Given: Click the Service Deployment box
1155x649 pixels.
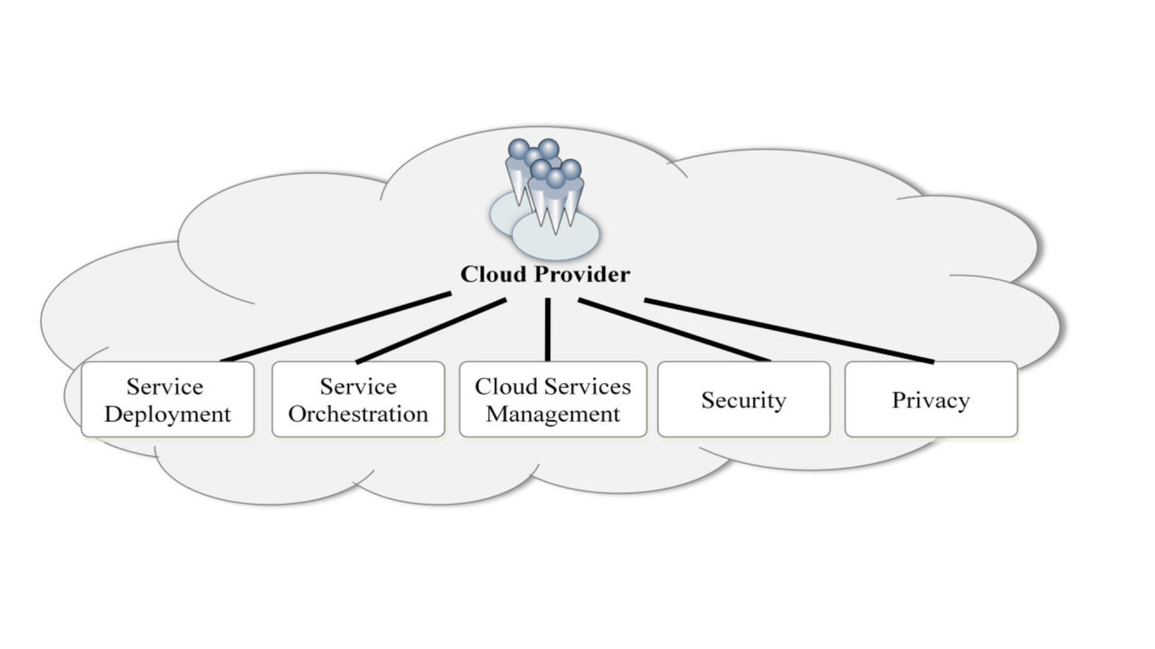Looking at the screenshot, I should [167, 399].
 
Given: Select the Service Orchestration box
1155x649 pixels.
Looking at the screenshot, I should [358, 399].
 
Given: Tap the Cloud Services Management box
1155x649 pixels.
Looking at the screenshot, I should [552, 399].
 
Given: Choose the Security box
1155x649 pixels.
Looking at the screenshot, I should [744, 399].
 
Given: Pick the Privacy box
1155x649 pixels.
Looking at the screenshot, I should [930, 399].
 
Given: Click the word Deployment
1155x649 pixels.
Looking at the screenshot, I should [168, 415].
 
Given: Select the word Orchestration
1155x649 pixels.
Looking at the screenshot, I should [358, 415].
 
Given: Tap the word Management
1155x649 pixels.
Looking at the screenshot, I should [553, 415].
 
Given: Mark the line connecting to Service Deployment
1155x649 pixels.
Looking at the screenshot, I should [336, 327].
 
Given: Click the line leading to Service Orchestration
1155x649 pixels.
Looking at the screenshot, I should [430, 332].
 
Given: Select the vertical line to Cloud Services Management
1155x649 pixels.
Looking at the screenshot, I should [548, 329].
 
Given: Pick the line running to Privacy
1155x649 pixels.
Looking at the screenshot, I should [789, 331].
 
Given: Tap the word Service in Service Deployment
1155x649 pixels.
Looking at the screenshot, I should [165, 387].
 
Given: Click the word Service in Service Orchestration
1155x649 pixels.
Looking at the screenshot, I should [358, 387].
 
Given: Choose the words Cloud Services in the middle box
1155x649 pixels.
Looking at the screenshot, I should [553, 387].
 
